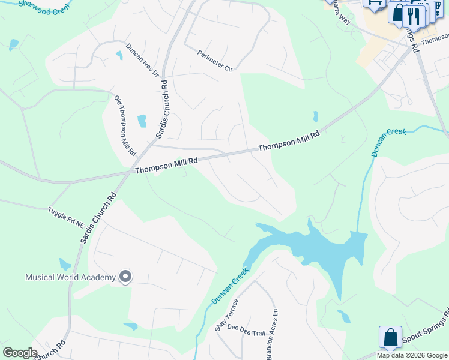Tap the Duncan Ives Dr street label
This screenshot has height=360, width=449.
142,61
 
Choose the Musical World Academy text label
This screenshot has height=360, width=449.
70,277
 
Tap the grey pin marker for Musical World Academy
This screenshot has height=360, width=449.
125,277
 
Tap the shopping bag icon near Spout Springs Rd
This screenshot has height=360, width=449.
390,337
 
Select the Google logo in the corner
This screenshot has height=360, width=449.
20,353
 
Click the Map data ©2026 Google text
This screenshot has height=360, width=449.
412,355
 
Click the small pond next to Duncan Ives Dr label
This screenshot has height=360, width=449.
119,55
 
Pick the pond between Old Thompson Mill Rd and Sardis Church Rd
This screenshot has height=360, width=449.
142,121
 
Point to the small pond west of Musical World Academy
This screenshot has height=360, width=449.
65,263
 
